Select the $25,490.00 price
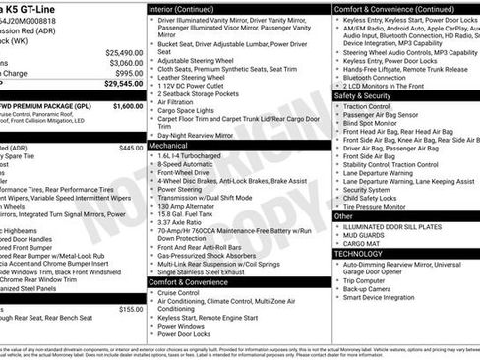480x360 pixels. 122,52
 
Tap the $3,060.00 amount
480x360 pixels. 124,62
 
